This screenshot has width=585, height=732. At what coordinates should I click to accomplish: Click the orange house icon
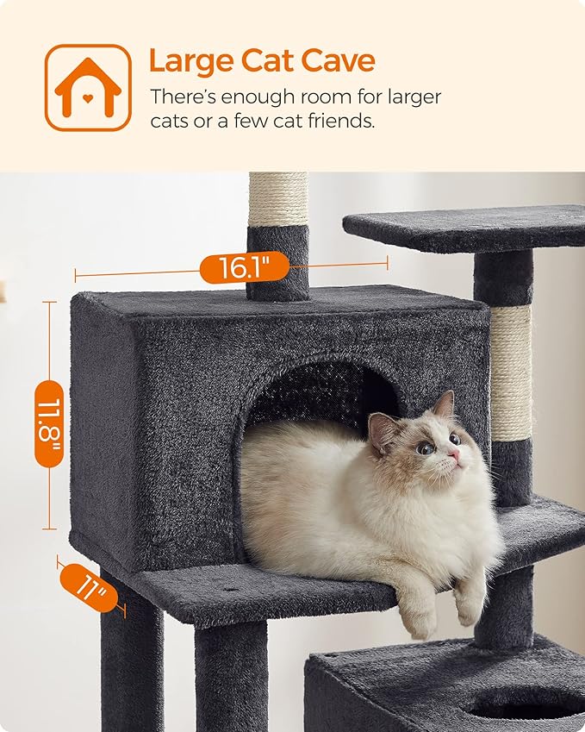click(88, 87)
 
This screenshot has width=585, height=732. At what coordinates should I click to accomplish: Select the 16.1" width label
click(244, 268)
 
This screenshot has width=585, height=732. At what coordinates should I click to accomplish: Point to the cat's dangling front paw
click(469, 608)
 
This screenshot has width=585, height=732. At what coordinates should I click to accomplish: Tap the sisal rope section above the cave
click(277, 200)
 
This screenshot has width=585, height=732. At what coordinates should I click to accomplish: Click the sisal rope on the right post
click(511, 372)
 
